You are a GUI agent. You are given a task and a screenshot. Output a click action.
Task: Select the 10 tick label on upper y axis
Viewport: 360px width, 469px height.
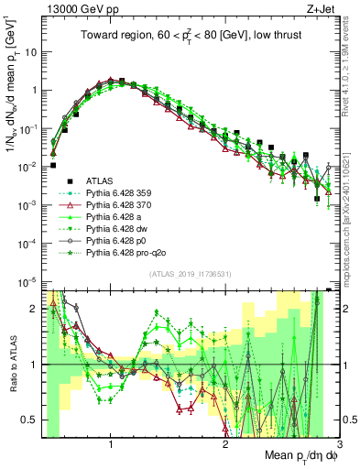27,51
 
